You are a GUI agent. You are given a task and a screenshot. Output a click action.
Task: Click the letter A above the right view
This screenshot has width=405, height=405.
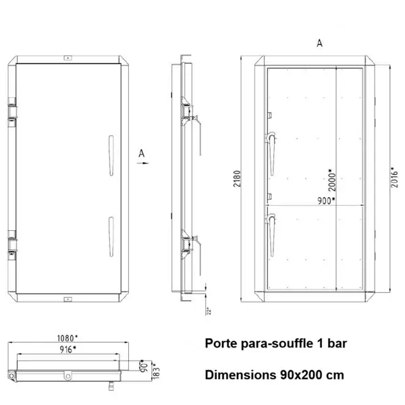pyautogui.click(x=319, y=43)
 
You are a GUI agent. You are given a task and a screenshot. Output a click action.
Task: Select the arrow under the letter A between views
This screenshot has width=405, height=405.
pyautogui.click(x=141, y=163)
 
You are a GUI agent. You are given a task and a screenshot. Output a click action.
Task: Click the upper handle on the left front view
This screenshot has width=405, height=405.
pyautogui.click(x=109, y=153)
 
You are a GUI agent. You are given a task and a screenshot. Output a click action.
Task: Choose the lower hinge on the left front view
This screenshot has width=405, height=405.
pyautogui.click(x=11, y=244)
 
